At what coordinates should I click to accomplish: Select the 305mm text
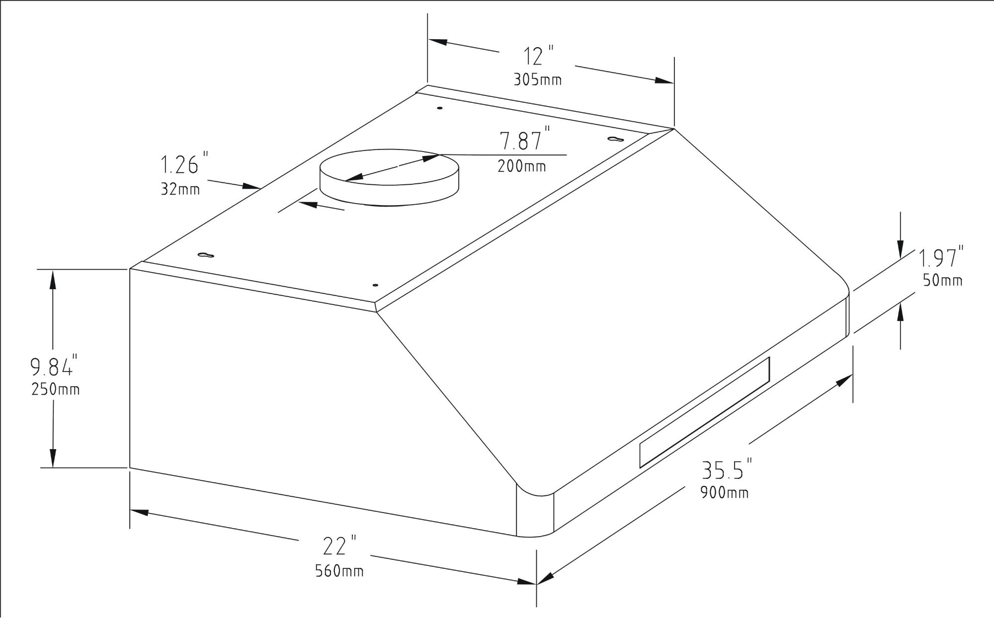click(x=537, y=80)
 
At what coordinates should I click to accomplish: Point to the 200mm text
click(x=521, y=166)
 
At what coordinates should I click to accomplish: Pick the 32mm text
click(x=180, y=189)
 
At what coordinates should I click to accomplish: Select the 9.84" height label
click(x=53, y=367)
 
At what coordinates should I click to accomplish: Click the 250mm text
click(x=55, y=390)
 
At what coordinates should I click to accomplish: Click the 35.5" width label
click(x=726, y=470)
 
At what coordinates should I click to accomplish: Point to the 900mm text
click(x=724, y=493)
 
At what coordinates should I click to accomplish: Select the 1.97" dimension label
click(x=939, y=259)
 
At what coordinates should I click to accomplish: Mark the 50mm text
click(x=942, y=281)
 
